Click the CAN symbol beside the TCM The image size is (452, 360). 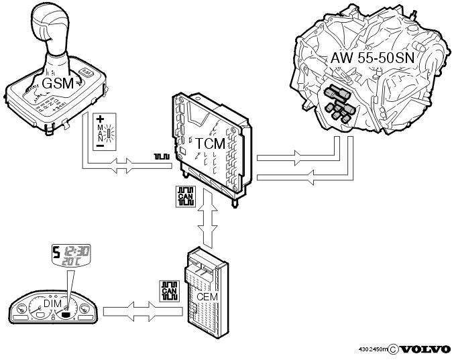[184, 196]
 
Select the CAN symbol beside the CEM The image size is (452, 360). [169, 290]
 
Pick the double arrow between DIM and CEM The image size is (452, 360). [139, 310]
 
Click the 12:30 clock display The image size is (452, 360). [79, 251]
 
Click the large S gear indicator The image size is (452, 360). [57, 254]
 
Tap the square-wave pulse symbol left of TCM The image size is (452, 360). [162, 157]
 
